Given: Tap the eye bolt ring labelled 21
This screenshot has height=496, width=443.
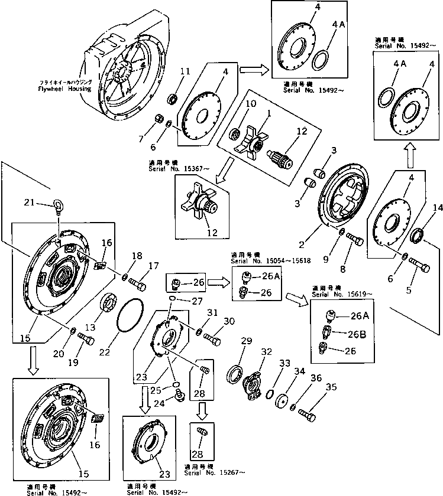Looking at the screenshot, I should [57, 207].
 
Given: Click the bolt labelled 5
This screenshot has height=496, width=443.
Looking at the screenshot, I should [421, 266].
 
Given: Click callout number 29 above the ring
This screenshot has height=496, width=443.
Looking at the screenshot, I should [246, 341].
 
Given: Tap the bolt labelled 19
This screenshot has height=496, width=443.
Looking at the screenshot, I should [88, 339].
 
